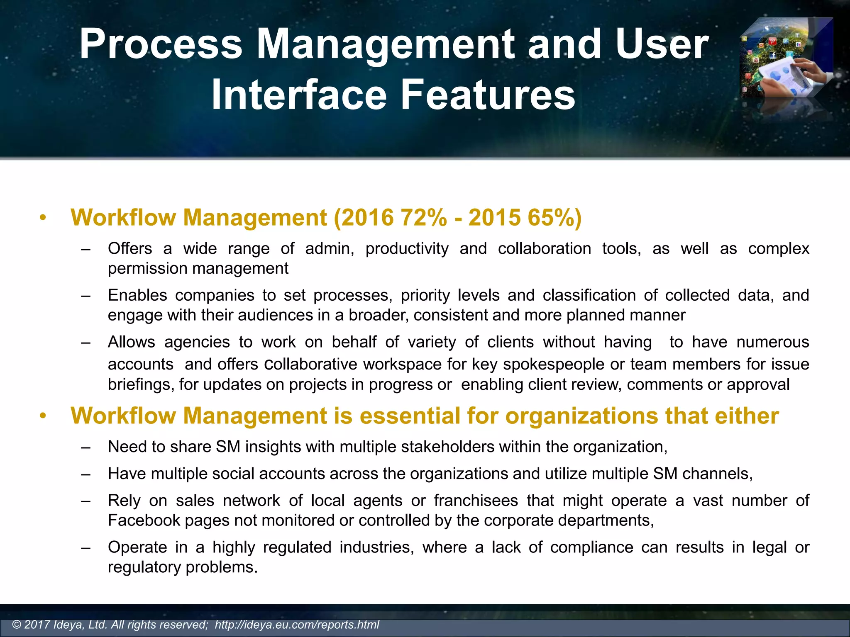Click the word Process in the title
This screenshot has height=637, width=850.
point(161,44)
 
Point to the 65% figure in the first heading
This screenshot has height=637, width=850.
point(550,217)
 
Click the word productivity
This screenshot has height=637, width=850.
point(407,249)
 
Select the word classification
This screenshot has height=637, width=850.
point(589,295)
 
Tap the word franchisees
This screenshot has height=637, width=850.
point(476,501)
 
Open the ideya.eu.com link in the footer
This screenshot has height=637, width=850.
point(297,625)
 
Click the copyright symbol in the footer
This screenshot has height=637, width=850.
point(17,625)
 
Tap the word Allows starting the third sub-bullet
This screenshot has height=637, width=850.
point(131,342)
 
